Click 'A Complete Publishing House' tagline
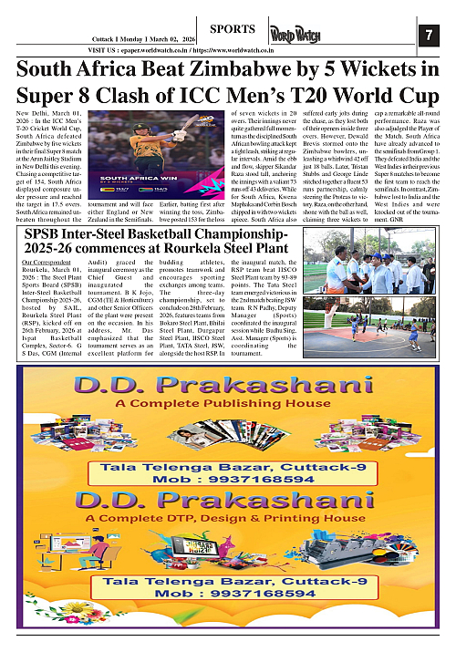click(228, 402)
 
